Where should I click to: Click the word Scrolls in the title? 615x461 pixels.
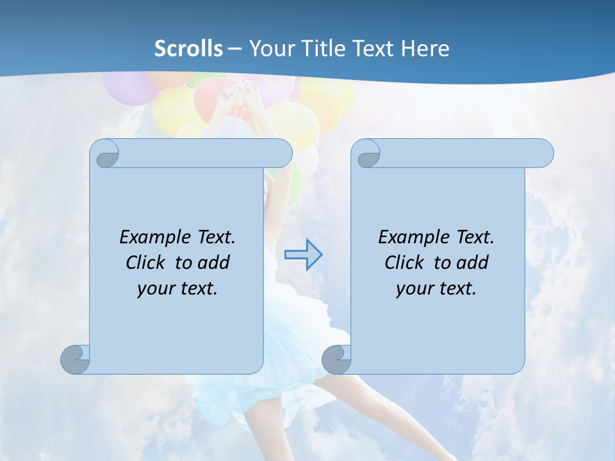click(x=188, y=49)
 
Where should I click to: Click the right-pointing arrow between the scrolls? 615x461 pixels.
click(x=303, y=255)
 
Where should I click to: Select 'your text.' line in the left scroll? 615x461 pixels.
click(x=177, y=288)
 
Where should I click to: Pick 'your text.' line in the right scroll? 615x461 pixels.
click(x=436, y=288)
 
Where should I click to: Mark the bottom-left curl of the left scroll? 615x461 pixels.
click(x=75, y=359)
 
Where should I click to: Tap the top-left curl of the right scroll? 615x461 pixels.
click(x=368, y=154)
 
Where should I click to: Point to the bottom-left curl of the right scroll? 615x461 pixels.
click(x=336, y=359)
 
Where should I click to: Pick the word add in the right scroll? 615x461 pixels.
click(x=472, y=263)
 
